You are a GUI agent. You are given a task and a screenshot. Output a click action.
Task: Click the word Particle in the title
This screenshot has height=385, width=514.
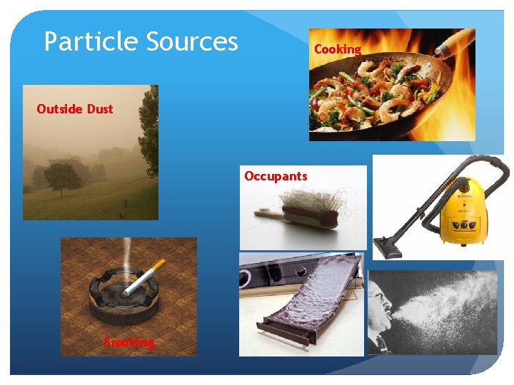pos(91,41)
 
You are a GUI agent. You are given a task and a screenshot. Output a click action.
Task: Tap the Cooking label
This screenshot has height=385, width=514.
pos(337,49)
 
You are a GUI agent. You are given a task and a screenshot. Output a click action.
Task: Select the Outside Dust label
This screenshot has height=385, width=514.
pos(74,109)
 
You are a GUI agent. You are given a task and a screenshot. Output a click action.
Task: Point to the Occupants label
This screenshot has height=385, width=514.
pos(275,175)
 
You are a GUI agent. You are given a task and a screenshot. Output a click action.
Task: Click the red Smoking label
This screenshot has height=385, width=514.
pos(128,342)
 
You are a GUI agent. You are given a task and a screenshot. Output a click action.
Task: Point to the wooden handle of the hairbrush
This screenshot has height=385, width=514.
pos(267,212)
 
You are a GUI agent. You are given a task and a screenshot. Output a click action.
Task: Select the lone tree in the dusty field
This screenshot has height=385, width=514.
pos(62,176)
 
